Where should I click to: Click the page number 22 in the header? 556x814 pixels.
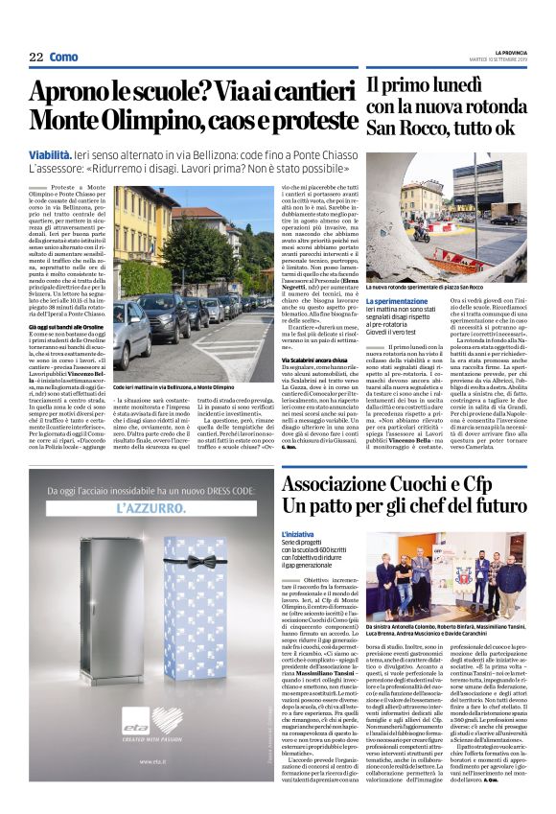36,57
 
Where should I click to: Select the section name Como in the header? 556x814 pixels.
63,57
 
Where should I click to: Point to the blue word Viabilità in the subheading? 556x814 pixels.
55,154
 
